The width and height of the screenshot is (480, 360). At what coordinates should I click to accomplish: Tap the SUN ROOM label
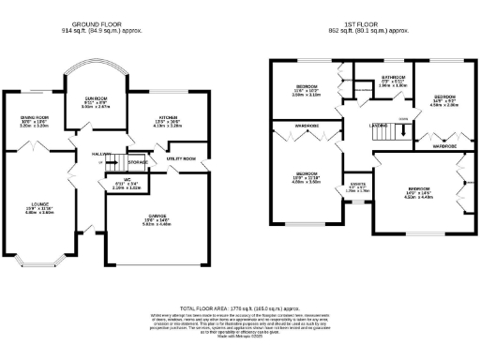[97, 98]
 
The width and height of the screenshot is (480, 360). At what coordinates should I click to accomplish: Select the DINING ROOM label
[36, 117]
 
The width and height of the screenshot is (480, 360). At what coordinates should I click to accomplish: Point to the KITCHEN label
[167, 116]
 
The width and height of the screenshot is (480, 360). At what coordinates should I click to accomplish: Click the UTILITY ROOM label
[181, 159]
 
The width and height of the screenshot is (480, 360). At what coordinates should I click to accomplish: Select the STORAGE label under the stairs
[138, 163]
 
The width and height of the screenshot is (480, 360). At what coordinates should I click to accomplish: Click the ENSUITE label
[358, 184]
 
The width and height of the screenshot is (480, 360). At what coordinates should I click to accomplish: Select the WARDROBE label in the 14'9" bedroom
[443, 146]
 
